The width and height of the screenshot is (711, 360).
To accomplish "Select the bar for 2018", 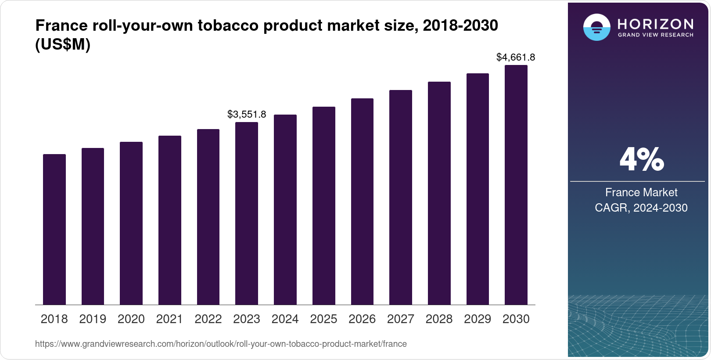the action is click(x=54, y=230).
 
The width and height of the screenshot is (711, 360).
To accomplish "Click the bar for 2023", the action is click(x=247, y=213).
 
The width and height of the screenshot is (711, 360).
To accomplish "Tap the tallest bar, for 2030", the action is click(x=516, y=185).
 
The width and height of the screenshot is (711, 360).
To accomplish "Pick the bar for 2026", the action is click(x=362, y=202).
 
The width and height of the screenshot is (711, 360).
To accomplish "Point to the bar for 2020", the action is click(x=131, y=223).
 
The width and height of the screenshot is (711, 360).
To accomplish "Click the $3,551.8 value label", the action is click(x=247, y=114).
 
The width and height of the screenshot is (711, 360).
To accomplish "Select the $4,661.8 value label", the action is click(x=516, y=57).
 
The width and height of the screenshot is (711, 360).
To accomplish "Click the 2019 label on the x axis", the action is click(x=93, y=319).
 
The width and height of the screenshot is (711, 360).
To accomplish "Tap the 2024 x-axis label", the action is click(x=285, y=319).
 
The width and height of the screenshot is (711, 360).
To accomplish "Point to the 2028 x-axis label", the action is click(x=439, y=319).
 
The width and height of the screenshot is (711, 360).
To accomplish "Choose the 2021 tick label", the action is click(x=169, y=319).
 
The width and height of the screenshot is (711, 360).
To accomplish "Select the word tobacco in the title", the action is click(x=228, y=25).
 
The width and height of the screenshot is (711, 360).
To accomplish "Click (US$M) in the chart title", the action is click(x=63, y=44).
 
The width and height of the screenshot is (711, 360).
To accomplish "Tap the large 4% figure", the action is click(x=642, y=159).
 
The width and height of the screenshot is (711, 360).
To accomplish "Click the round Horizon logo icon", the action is click(x=597, y=27).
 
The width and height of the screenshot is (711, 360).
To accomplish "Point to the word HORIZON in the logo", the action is click(x=655, y=24).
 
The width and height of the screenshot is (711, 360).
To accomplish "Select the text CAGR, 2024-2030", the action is click(x=641, y=208).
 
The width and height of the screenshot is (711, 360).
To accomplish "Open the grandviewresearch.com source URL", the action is click(x=221, y=344).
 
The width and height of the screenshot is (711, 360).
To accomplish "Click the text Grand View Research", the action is click(x=655, y=35).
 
